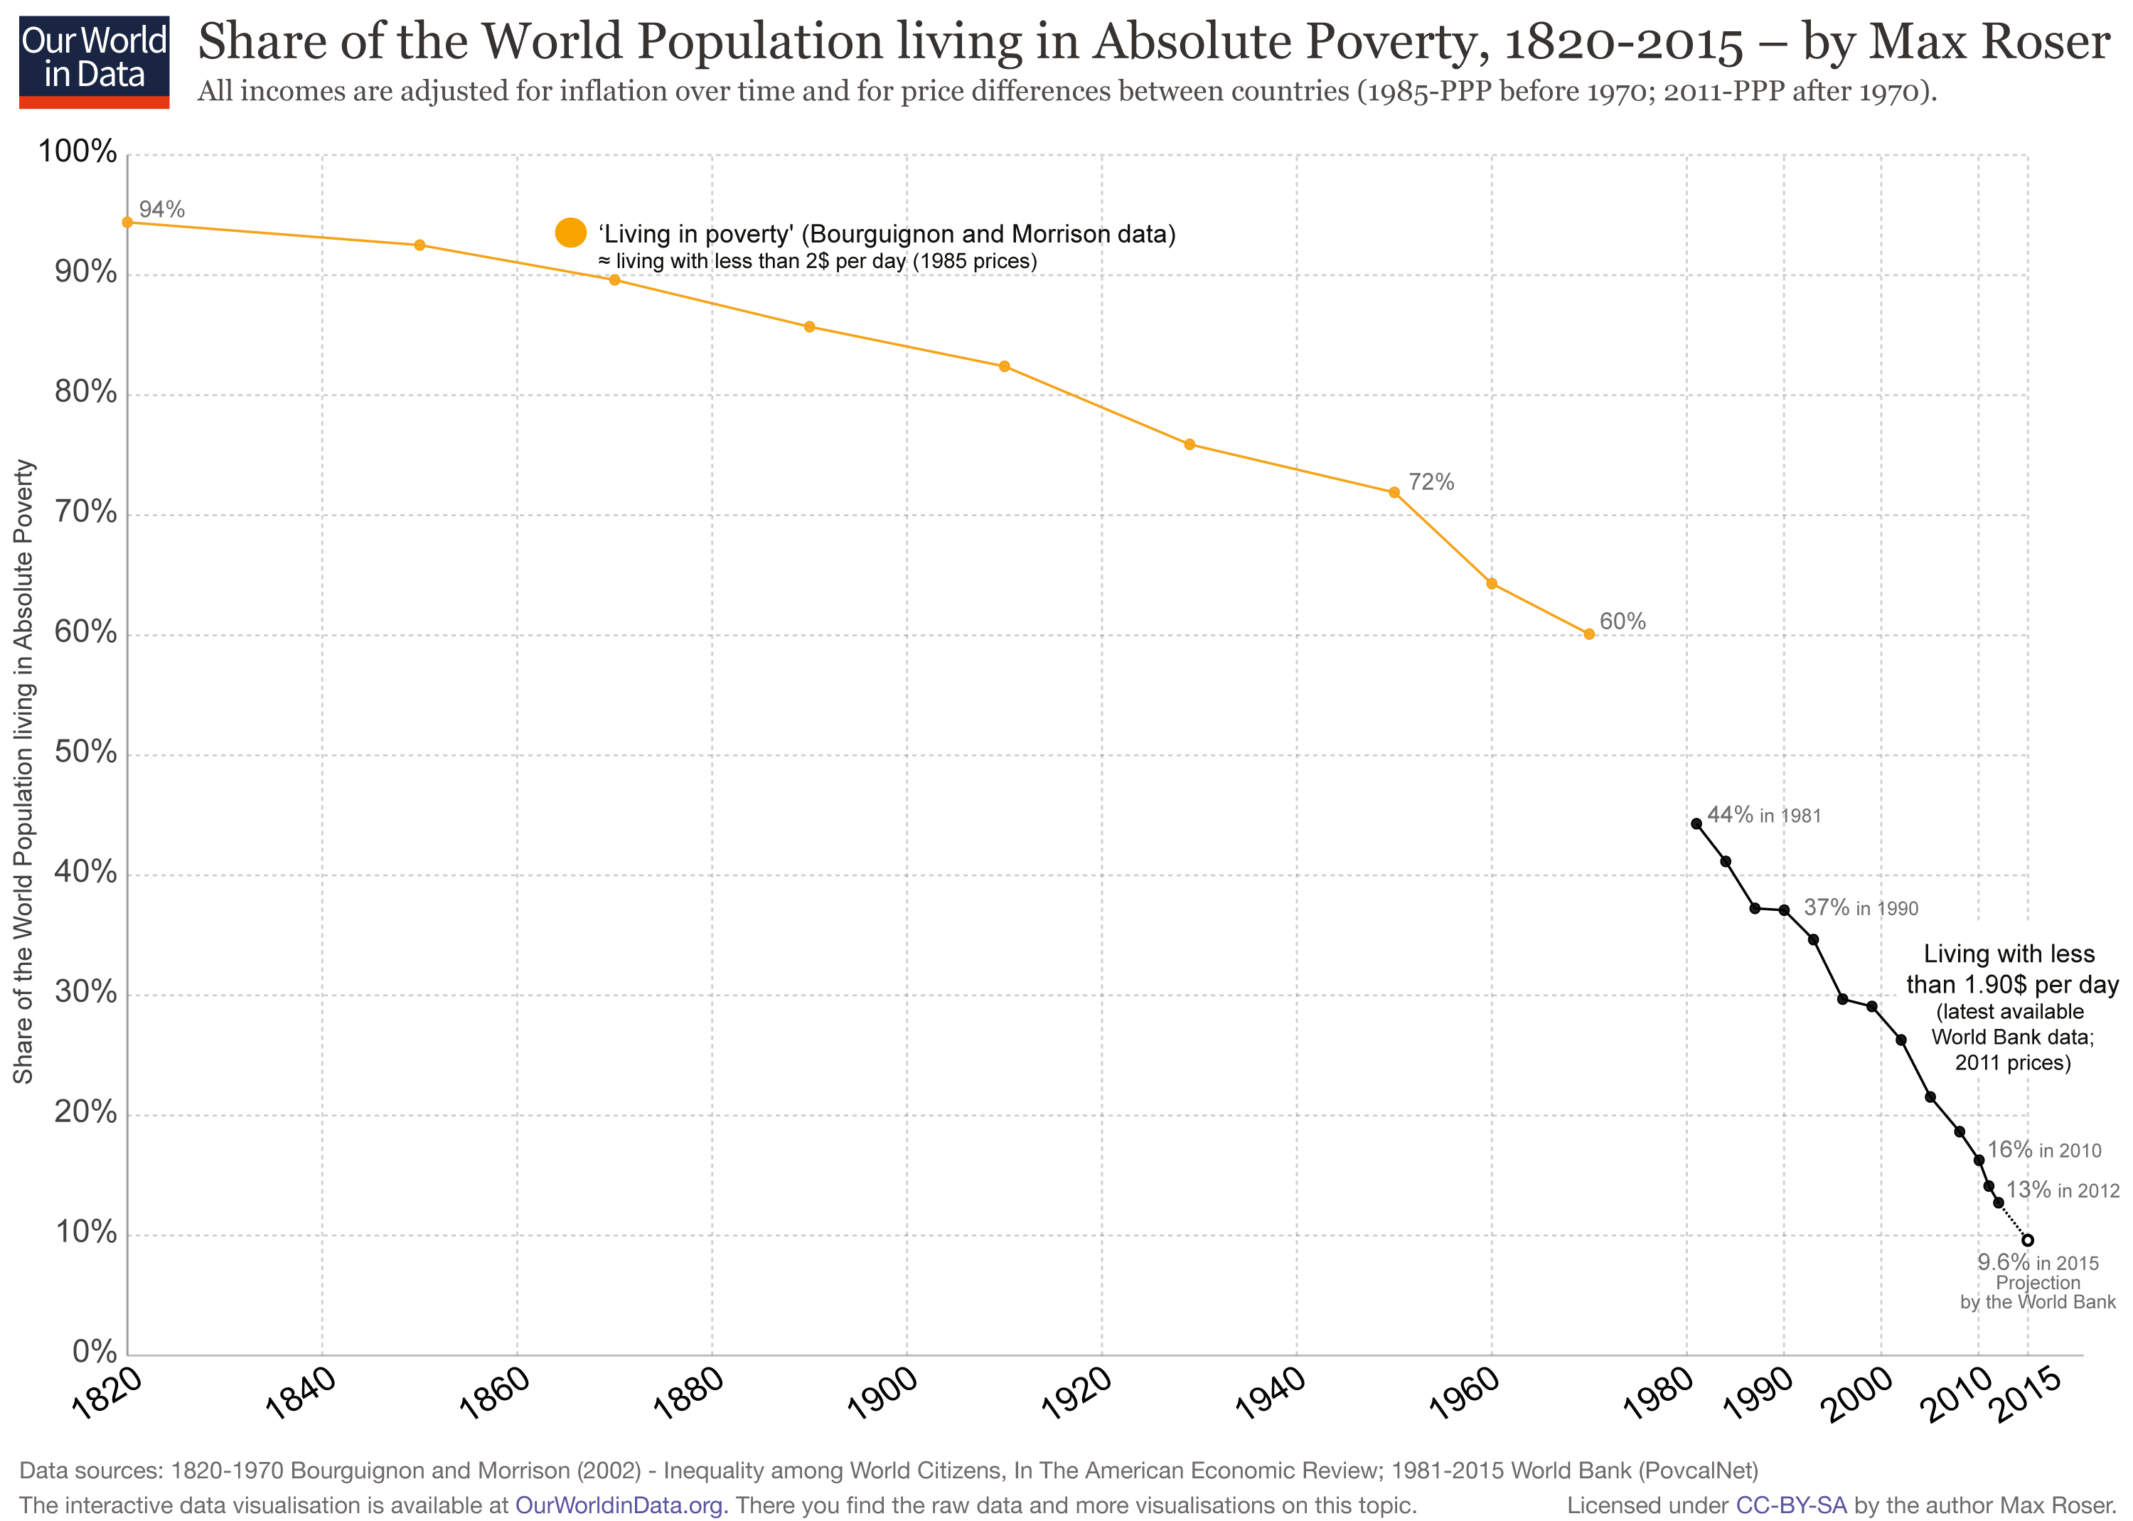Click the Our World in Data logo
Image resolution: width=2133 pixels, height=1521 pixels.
(x=94, y=61)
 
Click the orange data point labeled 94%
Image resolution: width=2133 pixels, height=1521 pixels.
(x=127, y=222)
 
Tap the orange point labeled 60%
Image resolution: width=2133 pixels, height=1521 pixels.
(x=1589, y=634)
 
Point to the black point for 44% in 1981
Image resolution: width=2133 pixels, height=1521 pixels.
(x=1696, y=823)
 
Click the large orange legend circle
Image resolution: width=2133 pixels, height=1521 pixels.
(x=570, y=233)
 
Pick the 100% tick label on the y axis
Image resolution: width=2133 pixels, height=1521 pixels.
(x=77, y=151)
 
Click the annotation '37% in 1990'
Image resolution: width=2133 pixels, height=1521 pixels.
(x=1861, y=907)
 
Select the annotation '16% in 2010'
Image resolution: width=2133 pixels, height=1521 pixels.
(x=2044, y=1149)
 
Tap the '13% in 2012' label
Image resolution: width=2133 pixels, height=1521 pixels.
(x=2063, y=1190)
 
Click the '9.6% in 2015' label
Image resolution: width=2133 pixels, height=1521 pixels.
(x=2038, y=1261)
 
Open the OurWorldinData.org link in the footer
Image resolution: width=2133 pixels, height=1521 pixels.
(x=621, y=1505)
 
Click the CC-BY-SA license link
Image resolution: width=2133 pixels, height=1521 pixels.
(x=1790, y=1505)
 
